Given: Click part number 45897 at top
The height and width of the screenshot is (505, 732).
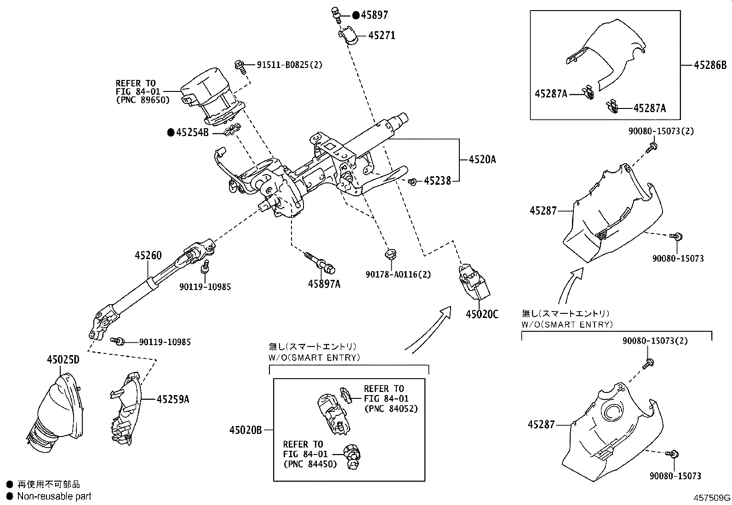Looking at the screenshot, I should coord(374,15).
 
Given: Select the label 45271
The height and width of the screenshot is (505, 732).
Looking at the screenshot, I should coord(382,35).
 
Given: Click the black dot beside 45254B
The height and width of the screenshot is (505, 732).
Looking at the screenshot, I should coord(171,133).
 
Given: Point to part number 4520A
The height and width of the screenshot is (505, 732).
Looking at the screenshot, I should coord(482,160).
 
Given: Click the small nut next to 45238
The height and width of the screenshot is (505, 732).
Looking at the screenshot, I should coord(413,182).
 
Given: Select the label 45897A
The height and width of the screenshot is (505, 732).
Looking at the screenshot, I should coord(324,284).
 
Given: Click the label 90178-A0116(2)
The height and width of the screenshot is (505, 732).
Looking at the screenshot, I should coord(398,274).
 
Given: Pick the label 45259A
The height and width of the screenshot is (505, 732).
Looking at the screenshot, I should coord(173,399).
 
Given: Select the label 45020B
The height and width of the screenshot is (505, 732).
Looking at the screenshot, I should coord(246,430).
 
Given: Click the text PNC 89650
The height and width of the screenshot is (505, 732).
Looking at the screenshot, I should coord(143,100).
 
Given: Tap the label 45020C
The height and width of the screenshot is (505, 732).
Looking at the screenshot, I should coord(482,314).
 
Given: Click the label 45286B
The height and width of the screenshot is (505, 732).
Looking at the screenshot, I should coord(710,65).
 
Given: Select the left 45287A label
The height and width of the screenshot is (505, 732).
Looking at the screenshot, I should coord(551,94).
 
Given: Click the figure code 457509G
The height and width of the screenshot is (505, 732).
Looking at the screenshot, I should coord(712,498).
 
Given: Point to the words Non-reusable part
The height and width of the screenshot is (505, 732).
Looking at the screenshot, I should coord(54,496).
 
